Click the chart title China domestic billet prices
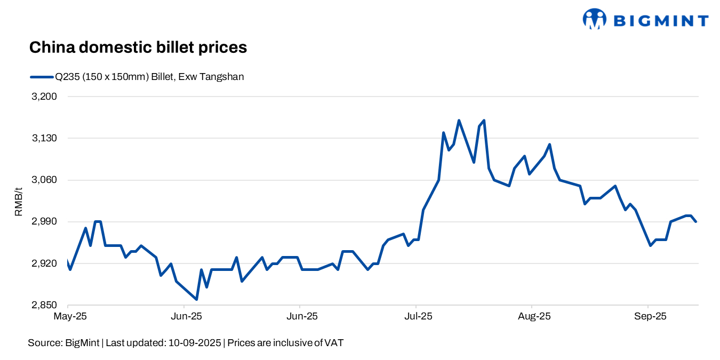click(138, 47)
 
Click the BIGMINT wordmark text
click(661, 21)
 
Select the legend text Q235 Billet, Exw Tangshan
click(149, 77)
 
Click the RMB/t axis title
click(19, 201)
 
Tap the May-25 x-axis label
click(70, 316)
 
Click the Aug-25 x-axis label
click(534, 316)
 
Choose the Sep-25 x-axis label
click(650, 316)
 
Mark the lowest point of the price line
click(197, 299)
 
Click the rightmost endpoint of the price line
click(696, 221)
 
